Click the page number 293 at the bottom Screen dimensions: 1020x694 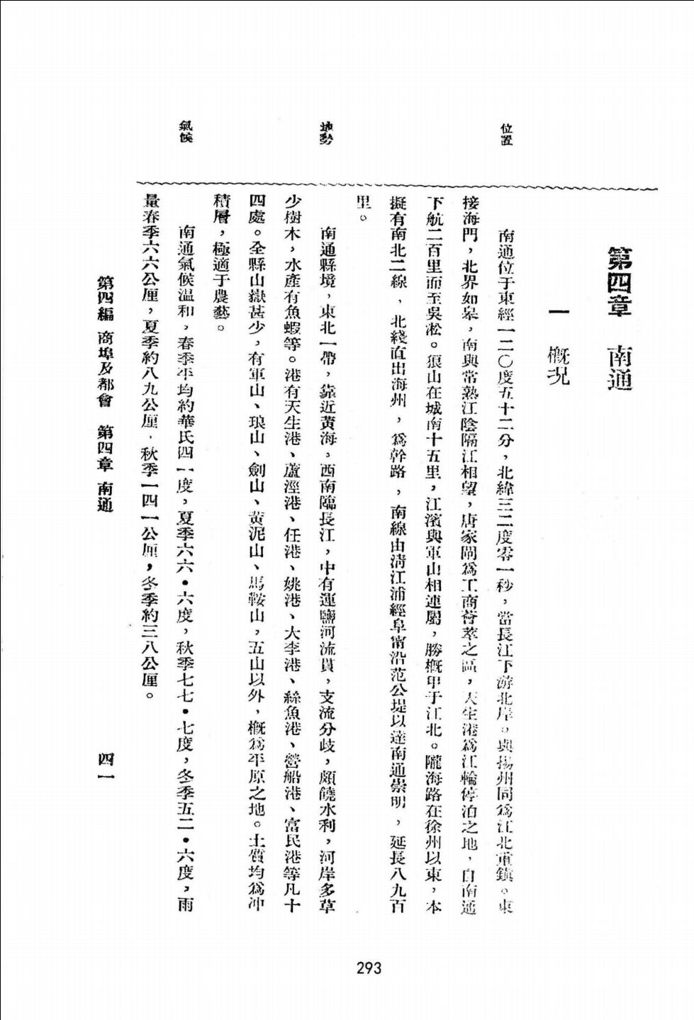(369, 968)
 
